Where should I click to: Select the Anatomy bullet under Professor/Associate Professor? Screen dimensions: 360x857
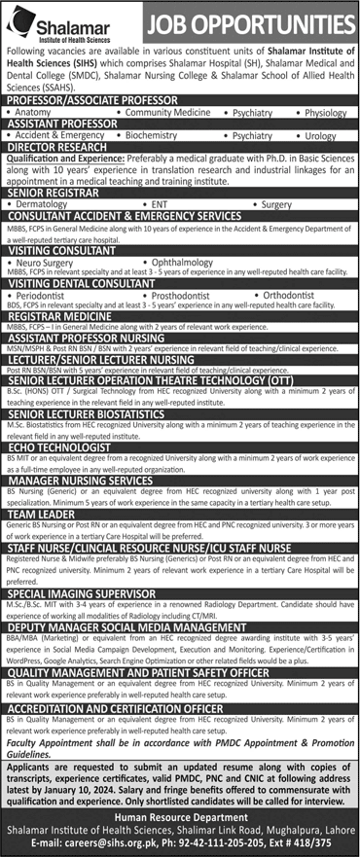[37, 113]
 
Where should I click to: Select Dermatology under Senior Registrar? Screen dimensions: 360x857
[45, 206]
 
